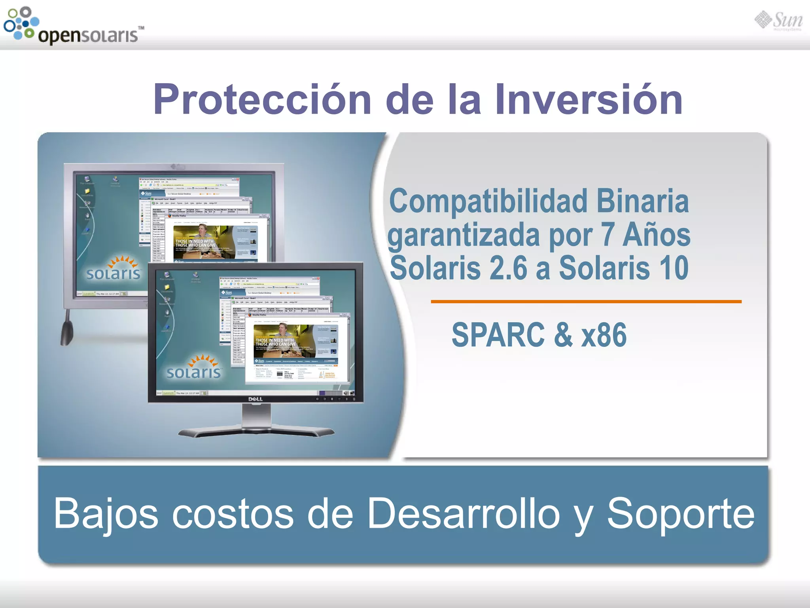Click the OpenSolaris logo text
click(x=88, y=35)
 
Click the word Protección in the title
click(x=262, y=99)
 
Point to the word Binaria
click(x=642, y=201)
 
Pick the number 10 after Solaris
click(x=673, y=268)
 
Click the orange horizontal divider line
click(x=586, y=302)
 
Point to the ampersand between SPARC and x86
click(x=563, y=335)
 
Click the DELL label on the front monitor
click(x=255, y=399)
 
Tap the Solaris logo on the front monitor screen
click(x=194, y=367)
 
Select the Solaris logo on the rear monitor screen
click(x=114, y=269)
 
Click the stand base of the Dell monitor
click(x=256, y=431)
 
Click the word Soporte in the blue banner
click(x=680, y=513)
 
